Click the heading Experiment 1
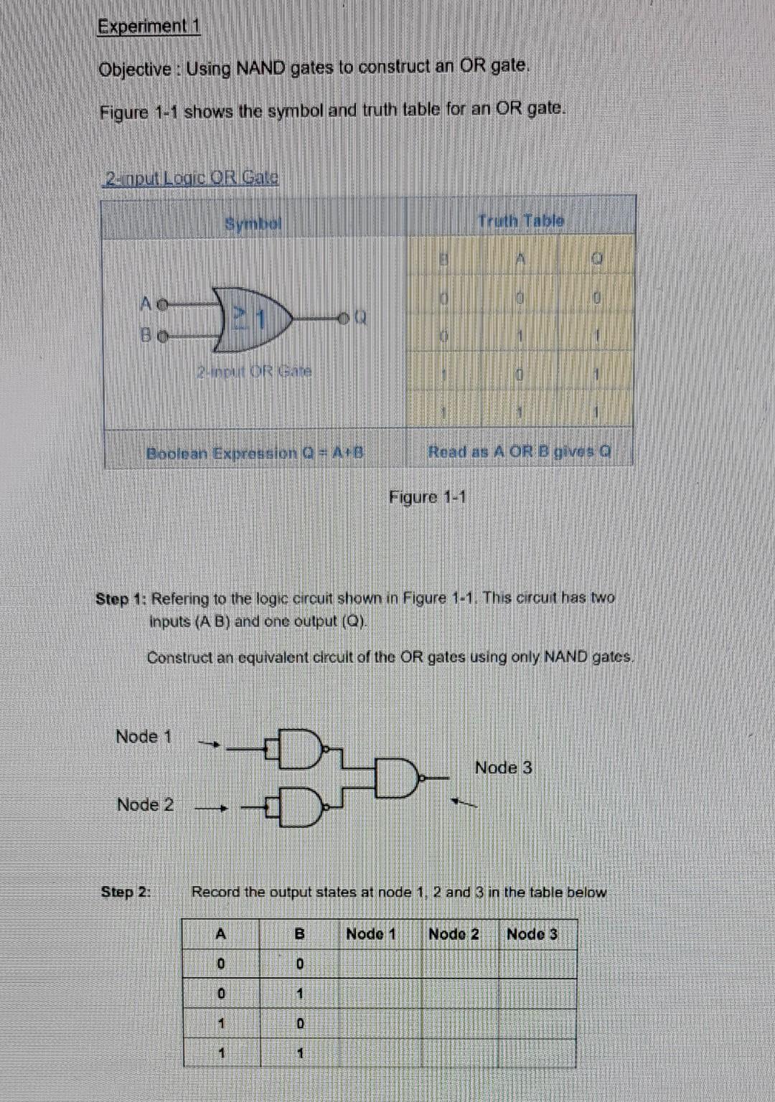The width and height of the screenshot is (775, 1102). tap(149, 27)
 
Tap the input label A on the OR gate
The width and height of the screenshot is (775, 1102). tap(146, 303)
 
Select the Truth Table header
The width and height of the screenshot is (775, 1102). tap(521, 221)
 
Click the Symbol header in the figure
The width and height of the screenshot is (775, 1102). tap(253, 224)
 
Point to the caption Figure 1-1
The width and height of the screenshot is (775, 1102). tap(428, 497)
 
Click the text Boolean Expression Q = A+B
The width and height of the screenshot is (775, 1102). tap(255, 453)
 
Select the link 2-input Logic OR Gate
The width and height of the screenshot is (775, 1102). tap(192, 177)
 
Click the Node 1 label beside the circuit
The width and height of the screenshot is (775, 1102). tap(144, 737)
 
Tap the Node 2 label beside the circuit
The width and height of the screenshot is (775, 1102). tap(145, 805)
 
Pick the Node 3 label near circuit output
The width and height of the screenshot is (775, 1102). tap(503, 768)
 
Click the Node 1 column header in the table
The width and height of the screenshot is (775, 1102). tap(371, 934)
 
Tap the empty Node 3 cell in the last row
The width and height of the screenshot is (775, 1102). tap(537, 1053)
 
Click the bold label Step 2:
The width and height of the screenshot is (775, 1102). tap(126, 892)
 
